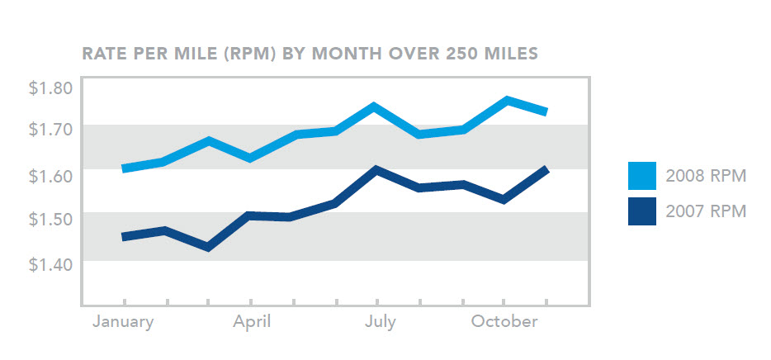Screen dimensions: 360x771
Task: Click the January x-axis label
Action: [x=123, y=322]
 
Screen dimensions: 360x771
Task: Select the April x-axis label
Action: [x=251, y=322]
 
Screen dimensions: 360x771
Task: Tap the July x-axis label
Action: [x=380, y=322]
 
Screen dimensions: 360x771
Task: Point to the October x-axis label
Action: [x=504, y=322]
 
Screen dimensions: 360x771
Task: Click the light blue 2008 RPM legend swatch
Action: [x=641, y=176]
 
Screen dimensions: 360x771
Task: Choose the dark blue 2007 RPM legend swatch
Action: [x=641, y=211]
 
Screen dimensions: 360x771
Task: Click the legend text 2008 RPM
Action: [x=705, y=176]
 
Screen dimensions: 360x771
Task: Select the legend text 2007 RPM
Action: [x=705, y=211]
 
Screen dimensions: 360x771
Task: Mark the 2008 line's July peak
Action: [x=375, y=107]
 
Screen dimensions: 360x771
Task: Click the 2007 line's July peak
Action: [x=376, y=169]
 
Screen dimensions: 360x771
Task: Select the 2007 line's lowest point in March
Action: [x=207, y=247]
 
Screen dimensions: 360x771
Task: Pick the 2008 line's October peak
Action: [x=506, y=100]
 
